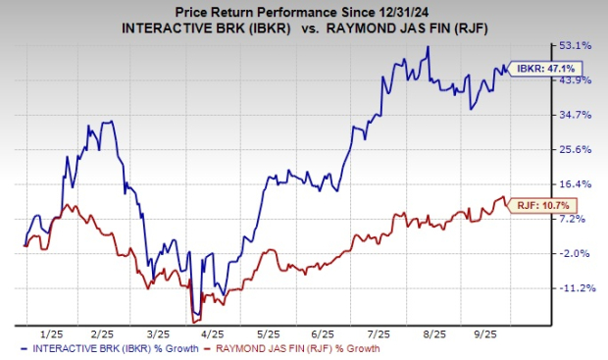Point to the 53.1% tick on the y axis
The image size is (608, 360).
click(x=578, y=46)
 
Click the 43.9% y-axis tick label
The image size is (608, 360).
click(x=578, y=80)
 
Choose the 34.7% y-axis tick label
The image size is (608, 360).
click(x=578, y=115)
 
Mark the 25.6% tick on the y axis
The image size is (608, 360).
click(x=578, y=149)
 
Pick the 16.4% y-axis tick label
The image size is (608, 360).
click(x=578, y=184)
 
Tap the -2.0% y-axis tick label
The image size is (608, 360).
click(x=576, y=253)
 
